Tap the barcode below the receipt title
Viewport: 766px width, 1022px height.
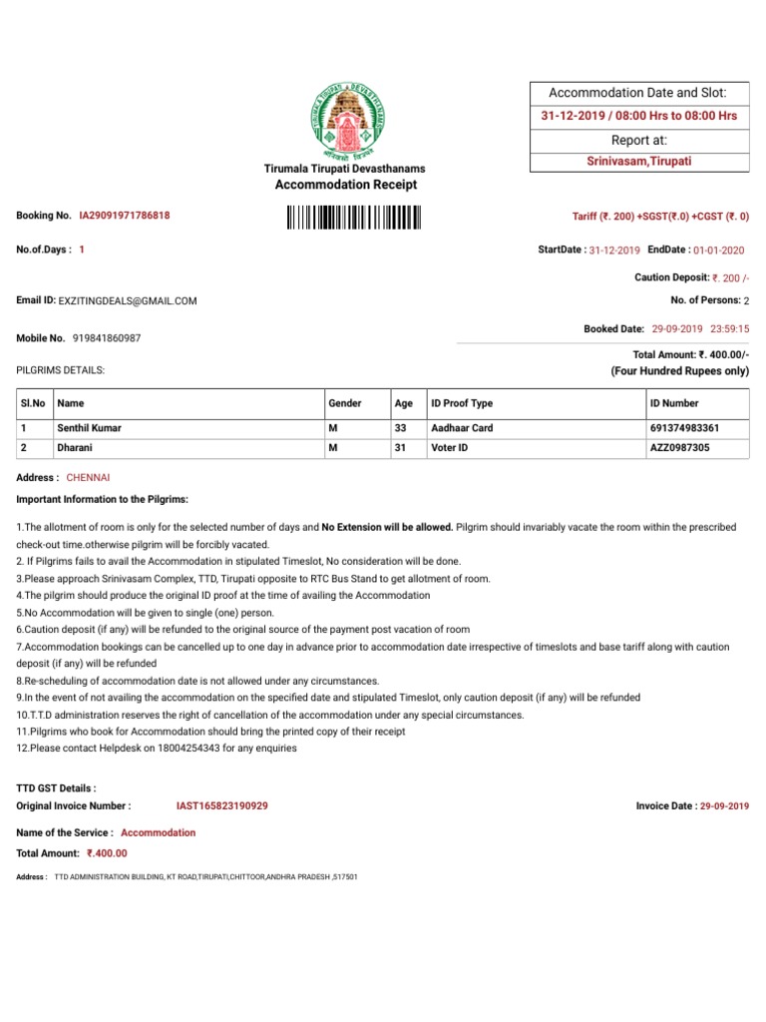click(x=353, y=217)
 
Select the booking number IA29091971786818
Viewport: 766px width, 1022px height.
click(x=125, y=216)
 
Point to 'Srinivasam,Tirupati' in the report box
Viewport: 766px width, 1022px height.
click(x=638, y=161)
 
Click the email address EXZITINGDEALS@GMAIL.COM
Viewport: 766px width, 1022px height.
click(x=128, y=300)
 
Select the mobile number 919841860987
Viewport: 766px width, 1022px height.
click(x=107, y=338)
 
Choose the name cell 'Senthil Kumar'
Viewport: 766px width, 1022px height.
click(x=95, y=427)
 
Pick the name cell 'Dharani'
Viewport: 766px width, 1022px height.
click(x=77, y=448)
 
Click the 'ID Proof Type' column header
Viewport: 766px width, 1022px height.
click(x=461, y=403)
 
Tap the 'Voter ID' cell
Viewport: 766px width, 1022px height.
click(x=451, y=448)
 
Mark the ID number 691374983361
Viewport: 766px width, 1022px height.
click(x=684, y=427)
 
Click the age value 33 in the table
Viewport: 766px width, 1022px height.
click(x=402, y=427)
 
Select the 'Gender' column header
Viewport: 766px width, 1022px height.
click(x=345, y=403)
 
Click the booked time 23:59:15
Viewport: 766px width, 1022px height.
click(x=729, y=328)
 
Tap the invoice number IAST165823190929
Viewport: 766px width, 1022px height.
click(x=221, y=805)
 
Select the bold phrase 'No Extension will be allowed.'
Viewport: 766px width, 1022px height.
click(x=387, y=526)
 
